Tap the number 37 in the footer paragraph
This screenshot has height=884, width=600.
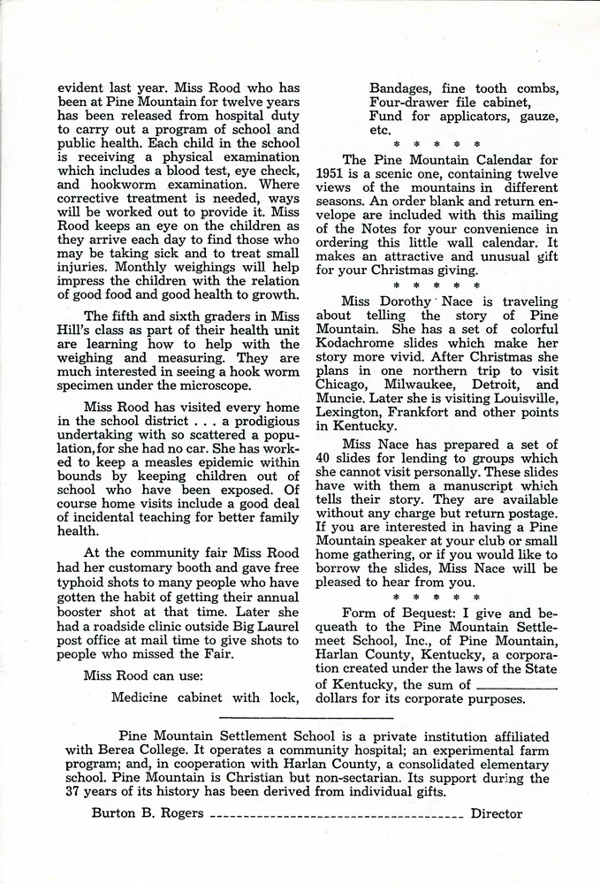(74, 792)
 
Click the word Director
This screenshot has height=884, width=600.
(497, 813)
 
